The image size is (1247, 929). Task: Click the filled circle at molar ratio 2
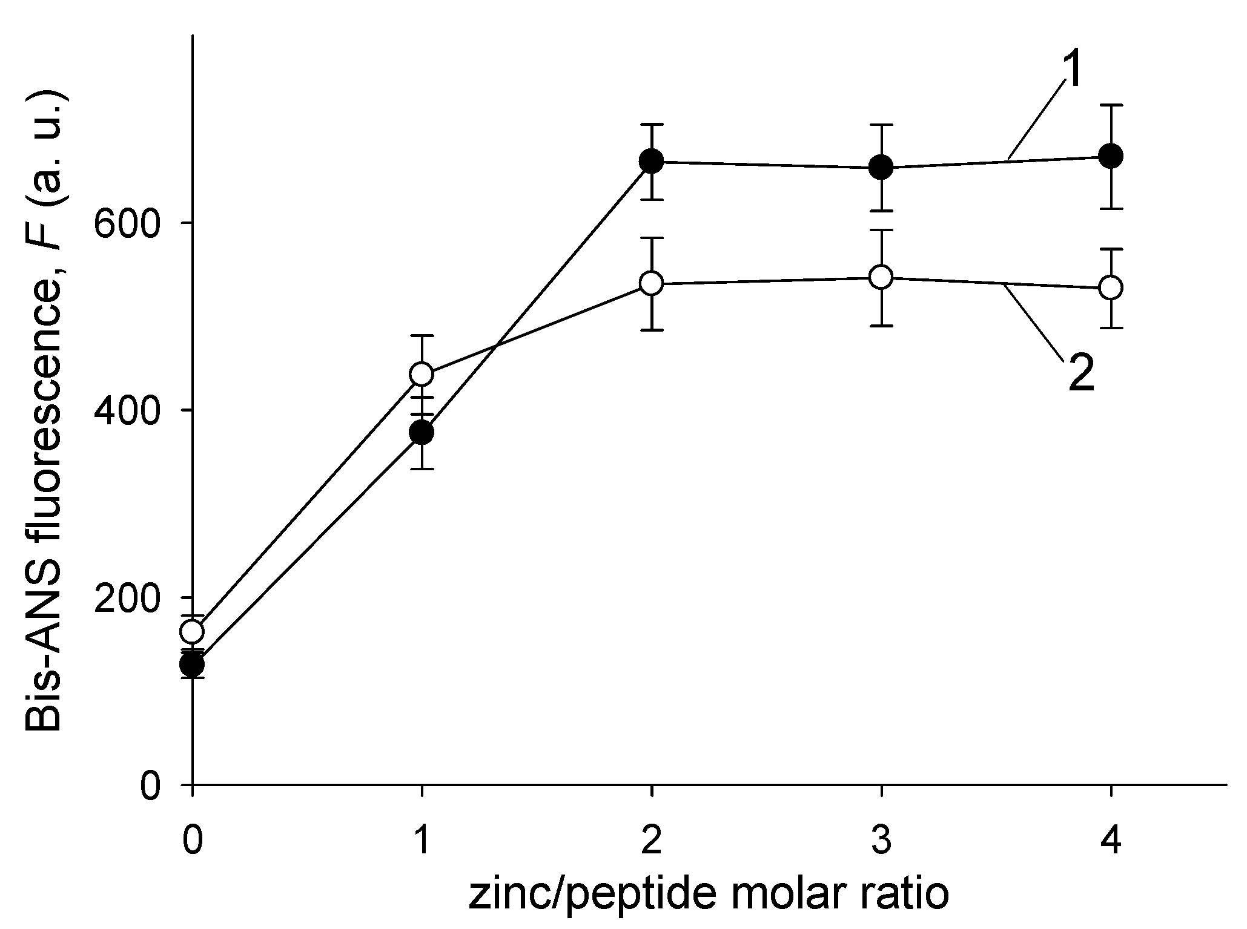pos(651,162)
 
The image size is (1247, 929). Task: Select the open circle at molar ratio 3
pos(881,277)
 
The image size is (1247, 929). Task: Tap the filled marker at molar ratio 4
pos(1111,156)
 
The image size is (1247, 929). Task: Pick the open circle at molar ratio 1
pos(422,374)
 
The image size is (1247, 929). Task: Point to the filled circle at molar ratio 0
pos(193,665)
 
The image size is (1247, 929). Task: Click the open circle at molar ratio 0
pos(193,632)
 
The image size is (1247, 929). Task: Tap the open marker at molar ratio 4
pos(1111,287)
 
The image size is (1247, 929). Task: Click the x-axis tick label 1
pos(422,842)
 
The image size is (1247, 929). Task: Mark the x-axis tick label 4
pos(1111,842)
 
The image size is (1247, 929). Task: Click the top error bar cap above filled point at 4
pos(1111,105)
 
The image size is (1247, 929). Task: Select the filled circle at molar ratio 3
pos(881,167)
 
